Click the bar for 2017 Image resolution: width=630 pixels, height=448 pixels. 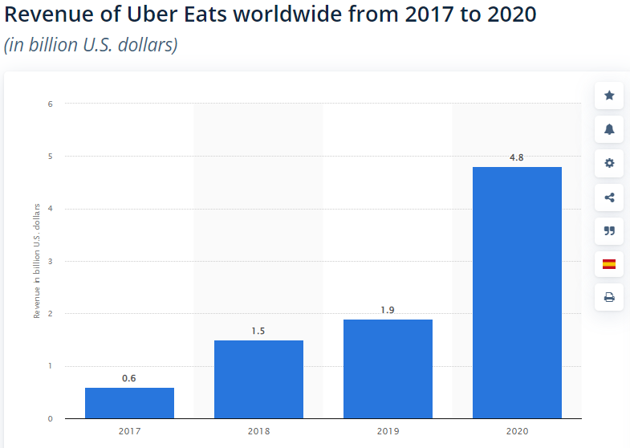point(129,403)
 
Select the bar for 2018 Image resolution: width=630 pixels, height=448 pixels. point(258,379)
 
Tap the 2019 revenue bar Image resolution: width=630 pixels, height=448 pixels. point(388,369)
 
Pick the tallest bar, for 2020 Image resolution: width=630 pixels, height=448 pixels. point(517,292)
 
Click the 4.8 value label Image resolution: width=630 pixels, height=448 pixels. point(517,157)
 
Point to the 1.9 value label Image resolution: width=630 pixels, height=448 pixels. point(388,310)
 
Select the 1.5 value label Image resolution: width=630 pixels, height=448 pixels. point(258,331)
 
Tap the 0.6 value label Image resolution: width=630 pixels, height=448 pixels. point(129,378)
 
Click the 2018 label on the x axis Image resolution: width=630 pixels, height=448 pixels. point(258,431)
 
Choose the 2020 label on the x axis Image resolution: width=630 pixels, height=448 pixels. point(517,431)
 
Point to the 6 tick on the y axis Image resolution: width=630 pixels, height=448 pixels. point(50,104)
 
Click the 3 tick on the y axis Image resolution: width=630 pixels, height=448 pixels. point(50,261)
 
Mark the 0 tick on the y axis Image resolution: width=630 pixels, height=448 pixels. point(50,418)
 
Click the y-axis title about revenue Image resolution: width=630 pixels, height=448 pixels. point(37,262)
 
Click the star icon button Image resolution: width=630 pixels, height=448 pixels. point(609,96)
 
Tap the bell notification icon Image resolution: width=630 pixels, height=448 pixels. point(609,129)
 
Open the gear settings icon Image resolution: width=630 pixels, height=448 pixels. point(609,163)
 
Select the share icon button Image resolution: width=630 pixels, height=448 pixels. point(609,197)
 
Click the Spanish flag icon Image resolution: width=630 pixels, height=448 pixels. point(609,263)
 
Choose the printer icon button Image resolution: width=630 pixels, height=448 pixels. point(609,297)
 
